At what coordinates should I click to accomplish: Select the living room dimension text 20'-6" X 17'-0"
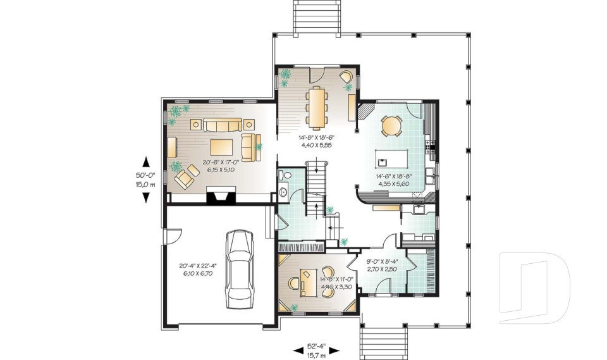[219, 166]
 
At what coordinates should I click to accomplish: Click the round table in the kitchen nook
[391, 126]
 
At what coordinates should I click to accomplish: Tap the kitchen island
[393, 156]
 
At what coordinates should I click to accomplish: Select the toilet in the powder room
[285, 175]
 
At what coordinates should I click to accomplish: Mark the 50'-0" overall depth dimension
[145, 180]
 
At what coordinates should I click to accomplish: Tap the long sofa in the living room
[221, 124]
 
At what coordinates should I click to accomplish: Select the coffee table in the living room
[221, 147]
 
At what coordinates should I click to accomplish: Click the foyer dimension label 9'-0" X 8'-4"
[383, 264]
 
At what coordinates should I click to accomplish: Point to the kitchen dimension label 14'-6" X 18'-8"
[392, 180]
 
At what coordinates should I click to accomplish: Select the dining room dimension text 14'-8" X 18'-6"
[316, 140]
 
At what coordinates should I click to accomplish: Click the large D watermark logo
[534, 283]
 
